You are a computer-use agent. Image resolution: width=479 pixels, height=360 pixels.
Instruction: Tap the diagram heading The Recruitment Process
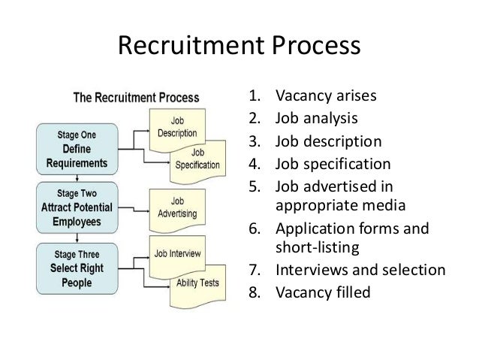click(x=135, y=98)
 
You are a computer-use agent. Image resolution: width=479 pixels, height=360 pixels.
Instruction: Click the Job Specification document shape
click(x=197, y=159)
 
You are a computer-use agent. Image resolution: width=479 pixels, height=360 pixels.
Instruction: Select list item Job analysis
click(x=315, y=118)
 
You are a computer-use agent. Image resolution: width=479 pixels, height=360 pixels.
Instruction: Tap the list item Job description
click(x=328, y=141)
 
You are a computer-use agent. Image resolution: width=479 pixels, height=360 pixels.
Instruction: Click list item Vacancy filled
click(x=323, y=292)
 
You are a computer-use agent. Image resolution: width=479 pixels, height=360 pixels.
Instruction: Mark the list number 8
click(x=254, y=292)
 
